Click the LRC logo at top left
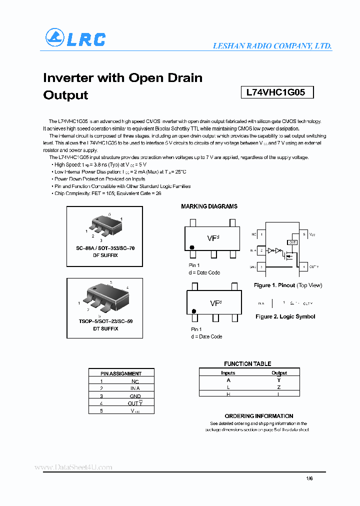point(75,38)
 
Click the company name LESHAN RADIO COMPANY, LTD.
point(272,45)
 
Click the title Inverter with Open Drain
point(122,78)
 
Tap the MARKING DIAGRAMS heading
point(209,206)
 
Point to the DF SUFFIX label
point(105,255)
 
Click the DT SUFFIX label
point(105,328)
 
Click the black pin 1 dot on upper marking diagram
point(191,247)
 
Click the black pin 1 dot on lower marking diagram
point(194,311)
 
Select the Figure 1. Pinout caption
point(288,285)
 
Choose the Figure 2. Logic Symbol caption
point(285,316)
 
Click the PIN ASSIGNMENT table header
point(121,373)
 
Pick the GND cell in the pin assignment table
point(135,395)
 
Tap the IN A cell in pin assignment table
point(135,388)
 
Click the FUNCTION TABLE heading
point(247,364)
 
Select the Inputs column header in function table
point(228,372)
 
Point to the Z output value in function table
point(279,387)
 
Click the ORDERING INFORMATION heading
point(258,416)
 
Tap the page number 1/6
point(309,478)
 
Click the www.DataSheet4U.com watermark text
point(73,467)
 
